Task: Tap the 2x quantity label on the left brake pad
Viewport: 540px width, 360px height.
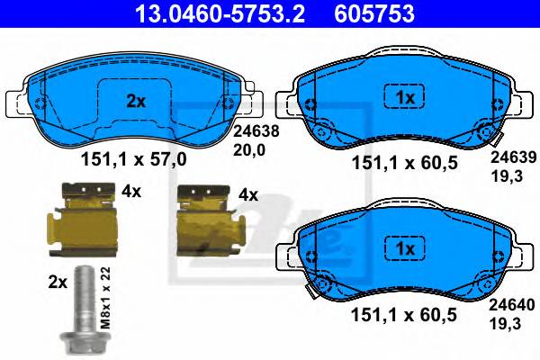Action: coord(135,102)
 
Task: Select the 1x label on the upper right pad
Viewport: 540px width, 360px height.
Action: coord(404,95)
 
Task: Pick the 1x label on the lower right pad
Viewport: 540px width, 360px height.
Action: coord(404,247)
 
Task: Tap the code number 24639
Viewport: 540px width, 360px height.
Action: coord(509,156)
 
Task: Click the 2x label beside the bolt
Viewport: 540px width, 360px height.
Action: coord(58,281)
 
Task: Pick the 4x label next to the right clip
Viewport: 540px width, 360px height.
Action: coord(247,194)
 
